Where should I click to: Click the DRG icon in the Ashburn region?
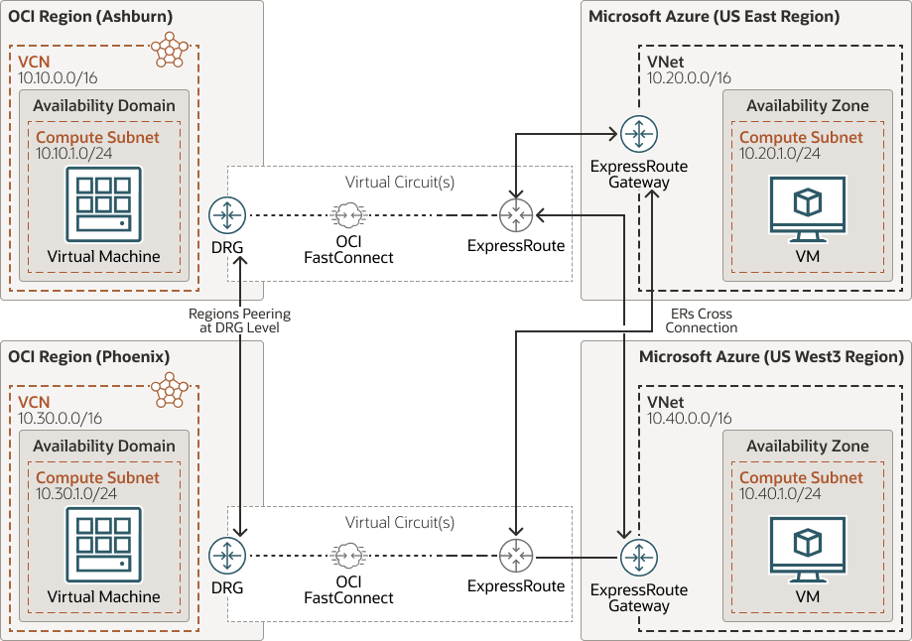point(227,214)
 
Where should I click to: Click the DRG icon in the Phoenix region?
point(227,555)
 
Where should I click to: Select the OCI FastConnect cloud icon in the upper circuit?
point(347,214)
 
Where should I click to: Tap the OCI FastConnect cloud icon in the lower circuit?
point(347,555)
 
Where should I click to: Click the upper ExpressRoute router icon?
point(516,214)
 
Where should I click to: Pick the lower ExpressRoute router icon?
point(516,555)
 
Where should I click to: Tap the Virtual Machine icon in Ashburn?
point(103,202)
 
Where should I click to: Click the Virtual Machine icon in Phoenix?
point(103,545)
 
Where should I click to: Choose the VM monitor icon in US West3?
point(807,549)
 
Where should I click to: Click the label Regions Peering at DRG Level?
point(239,320)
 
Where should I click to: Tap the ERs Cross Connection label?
point(701,320)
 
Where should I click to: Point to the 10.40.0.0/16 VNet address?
point(689,419)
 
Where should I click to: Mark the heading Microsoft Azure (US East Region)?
point(714,16)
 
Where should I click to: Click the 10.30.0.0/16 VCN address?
point(60,419)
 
